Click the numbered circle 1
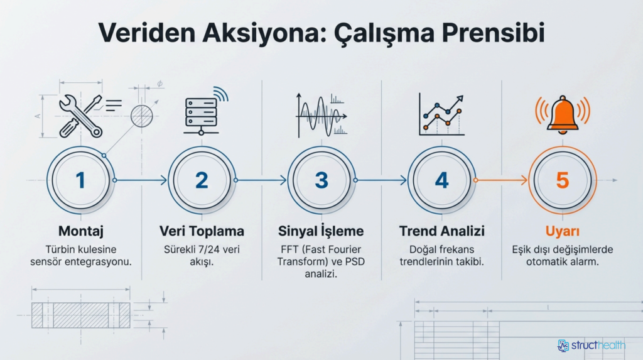(x=80, y=180)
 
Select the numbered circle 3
(x=321, y=180)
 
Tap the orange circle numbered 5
(x=562, y=180)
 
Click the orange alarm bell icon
(x=562, y=113)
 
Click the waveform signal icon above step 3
(x=321, y=114)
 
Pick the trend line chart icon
(x=442, y=115)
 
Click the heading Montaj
(x=80, y=231)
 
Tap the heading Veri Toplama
(x=202, y=231)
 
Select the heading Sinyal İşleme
(x=321, y=231)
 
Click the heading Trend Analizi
(x=442, y=231)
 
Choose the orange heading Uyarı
(x=562, y=231)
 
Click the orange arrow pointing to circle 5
(x=502, y=180)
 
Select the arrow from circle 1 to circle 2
(x=141, y=180)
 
